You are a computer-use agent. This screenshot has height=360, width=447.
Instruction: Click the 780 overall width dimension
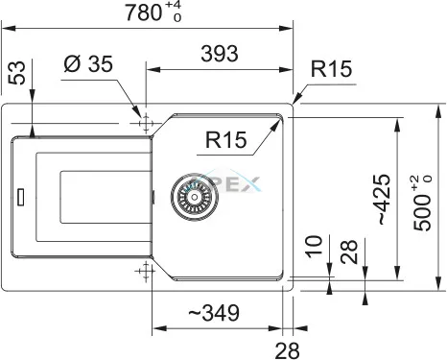point(144,12)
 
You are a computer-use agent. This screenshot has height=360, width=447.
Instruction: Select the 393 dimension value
point(220,54)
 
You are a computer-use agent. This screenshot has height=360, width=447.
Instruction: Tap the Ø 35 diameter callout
point(88,63)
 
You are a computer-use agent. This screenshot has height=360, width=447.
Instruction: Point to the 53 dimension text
point(16,73)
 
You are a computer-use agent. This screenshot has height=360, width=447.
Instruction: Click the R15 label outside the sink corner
point(331,69)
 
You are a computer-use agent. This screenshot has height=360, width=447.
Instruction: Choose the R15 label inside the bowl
point(225,140)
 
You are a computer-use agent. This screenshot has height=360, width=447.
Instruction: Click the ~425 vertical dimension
point(384,199)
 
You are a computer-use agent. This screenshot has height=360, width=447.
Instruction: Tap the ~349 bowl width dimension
point(214,313)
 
